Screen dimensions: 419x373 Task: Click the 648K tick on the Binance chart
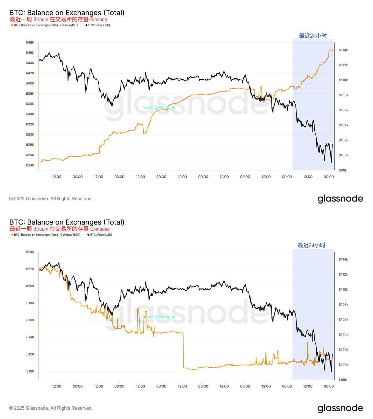pos(30,43)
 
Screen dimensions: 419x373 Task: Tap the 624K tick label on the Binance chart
pos(30,165)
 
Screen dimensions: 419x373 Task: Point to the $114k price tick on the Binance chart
pos(343,50)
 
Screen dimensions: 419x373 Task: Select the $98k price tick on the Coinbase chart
pos(343,380)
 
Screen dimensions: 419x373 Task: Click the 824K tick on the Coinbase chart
pos(30,252)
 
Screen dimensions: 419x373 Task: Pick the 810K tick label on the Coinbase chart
pos(30,371)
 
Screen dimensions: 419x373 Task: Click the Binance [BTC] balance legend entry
pos(46,25)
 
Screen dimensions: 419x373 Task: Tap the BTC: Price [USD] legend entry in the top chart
pos(99,25)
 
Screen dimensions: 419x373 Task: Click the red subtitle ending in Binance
pos(58,20)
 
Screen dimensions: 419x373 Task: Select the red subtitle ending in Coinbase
pos(60,229)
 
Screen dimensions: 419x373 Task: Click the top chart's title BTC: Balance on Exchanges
pos(67,13)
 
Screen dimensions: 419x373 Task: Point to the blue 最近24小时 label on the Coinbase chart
pos(311,245)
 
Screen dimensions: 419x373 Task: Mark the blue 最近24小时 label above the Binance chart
pos(313,36)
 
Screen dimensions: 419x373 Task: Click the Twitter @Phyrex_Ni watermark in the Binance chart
pos(158,108)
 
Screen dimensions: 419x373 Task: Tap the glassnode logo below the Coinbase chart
pos(340,408)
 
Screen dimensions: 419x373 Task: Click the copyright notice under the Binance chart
pos(51,199)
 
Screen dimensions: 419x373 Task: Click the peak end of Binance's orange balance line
pos(332,50)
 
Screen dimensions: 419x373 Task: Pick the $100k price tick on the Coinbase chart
pos(343,365)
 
